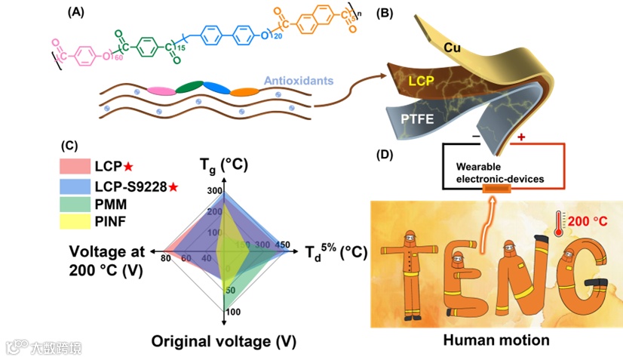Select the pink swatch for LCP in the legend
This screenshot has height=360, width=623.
[73, 165]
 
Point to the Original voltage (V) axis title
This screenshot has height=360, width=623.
[223, 341]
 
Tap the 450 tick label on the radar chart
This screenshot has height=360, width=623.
[283, 245]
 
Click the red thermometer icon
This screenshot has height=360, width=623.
[557, 223]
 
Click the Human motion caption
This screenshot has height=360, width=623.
[496, 340]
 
